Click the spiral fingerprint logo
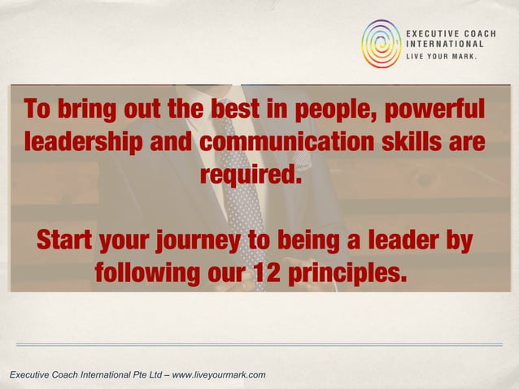[382, 43]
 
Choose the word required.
[250, 175]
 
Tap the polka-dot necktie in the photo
[244, 203]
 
